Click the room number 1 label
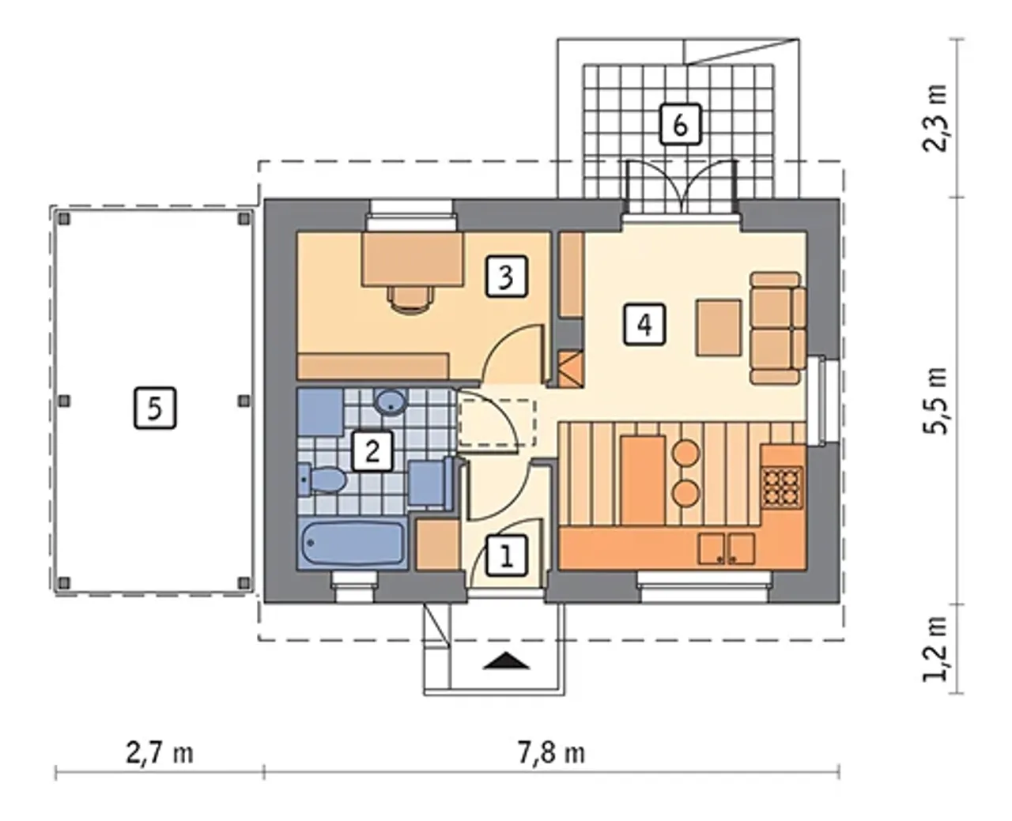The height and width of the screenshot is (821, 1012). [507, 556]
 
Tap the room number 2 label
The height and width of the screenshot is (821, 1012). [372, 451]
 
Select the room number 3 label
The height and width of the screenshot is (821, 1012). [507, 277]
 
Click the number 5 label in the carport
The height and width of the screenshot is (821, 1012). [155, 408]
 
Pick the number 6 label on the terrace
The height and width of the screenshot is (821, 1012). [681, 124]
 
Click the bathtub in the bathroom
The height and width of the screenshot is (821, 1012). [353, 543]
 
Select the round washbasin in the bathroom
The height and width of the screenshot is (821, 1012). [391, 402]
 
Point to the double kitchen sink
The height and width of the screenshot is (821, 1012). [726, 548]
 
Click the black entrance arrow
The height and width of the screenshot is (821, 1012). [506, 661]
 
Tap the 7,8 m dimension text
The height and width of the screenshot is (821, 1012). [551, 754]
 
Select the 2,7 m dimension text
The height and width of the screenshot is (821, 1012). [160, 754]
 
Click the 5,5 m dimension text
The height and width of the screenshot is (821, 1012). [935, 401]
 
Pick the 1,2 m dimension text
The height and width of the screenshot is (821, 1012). [935, 649]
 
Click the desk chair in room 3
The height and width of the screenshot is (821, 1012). [410, 299]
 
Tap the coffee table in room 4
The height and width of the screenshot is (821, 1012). [719, 328]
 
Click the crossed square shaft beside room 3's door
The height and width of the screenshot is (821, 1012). [570, 370]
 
